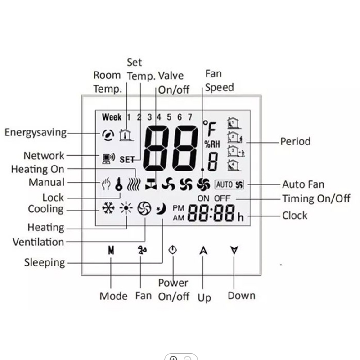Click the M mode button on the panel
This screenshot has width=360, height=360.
(x=111, y=250)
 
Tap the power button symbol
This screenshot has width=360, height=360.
(x=173, y=250)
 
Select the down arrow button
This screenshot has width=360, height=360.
(x=234, y=250)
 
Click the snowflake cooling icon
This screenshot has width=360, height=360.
(x=108, y=208)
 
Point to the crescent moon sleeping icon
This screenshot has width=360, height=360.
(x=161, y=209)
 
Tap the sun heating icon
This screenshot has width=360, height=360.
(x=126, y=208)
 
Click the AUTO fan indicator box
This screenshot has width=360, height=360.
(x=229, y=184)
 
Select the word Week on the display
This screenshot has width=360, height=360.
(x=112, y=117)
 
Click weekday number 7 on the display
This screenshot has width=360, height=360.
(x=190, y=117)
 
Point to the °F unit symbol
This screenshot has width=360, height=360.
(x=210, y=128)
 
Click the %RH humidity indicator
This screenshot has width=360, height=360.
(x=212, y=144)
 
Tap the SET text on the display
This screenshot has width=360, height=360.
(x=127, y=160)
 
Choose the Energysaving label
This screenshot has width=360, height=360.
(x=36, y=133)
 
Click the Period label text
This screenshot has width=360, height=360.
(x=296, y=141)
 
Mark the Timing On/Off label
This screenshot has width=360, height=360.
(x=316, y=198)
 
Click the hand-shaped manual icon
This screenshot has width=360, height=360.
(x=106, y=184)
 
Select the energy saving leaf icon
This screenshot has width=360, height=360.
(x=108, y=135)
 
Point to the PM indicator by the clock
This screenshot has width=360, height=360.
(x=178, y=208)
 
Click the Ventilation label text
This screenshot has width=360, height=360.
(x=38, y=242)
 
